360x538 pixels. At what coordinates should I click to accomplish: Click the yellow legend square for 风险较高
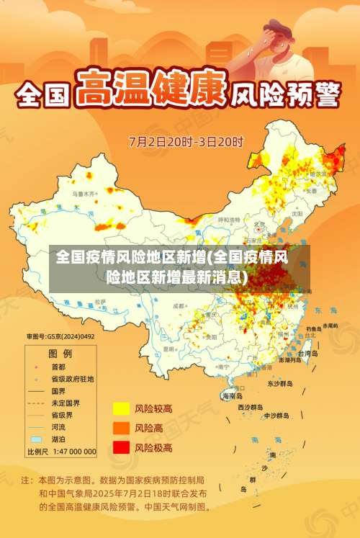click(121, 409)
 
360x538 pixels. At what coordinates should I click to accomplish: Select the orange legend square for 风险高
click(121, 428)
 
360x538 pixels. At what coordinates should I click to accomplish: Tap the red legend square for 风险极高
click(121, 447)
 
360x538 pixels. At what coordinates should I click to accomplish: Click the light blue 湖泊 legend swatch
click(36, 439)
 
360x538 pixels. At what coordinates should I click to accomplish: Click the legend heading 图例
click(60, 354)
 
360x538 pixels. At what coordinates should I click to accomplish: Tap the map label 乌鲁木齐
click(84, 194)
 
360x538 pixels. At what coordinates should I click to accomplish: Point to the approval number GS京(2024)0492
click(60, 336)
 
